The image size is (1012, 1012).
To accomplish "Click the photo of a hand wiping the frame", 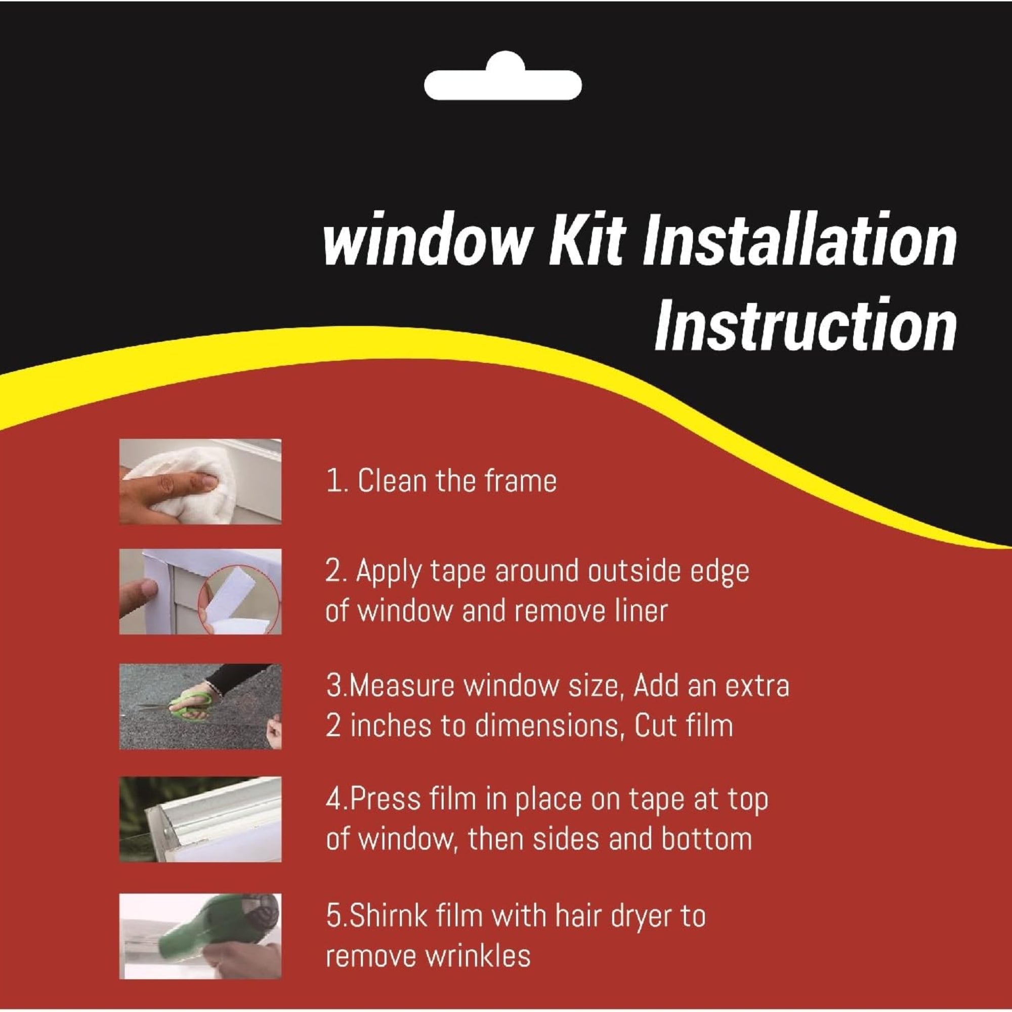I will coord(200,481).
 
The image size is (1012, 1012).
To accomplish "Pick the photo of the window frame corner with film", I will coord(200,819).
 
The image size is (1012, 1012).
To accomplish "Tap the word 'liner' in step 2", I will coord(642,611).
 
